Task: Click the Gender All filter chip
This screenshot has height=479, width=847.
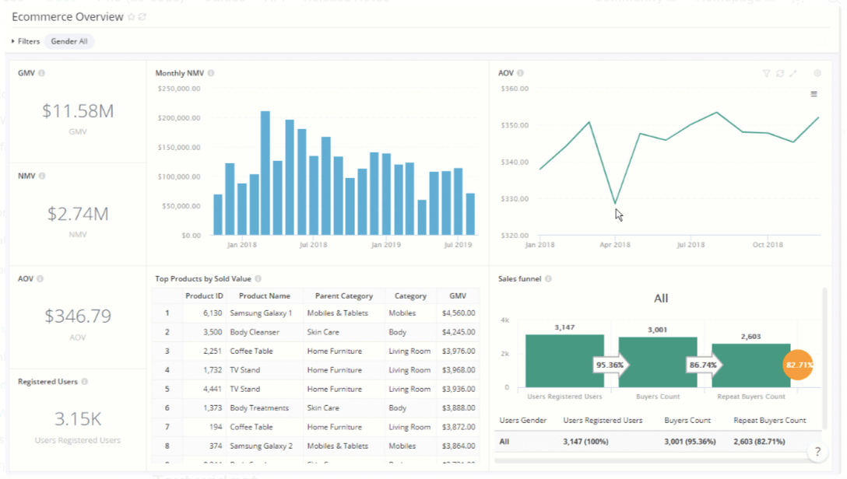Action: (x=69, y=41)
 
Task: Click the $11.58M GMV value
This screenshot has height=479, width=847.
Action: (x=77, y=111)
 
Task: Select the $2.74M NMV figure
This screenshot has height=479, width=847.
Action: (x=77, y=214)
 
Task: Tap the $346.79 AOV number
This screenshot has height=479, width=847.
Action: (x=77, y=316)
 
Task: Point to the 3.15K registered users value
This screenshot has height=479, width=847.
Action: (x=77, y=419)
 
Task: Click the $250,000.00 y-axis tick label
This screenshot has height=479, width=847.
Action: (x=179, y=89)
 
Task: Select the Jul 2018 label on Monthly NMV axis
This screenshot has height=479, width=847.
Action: (x=313, y=245)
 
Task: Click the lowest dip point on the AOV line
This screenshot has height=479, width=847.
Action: (x=616, y=204)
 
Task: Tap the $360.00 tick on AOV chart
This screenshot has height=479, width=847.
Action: (x=514, y=89)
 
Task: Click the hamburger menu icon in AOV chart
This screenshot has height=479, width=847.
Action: (x=814, y=94)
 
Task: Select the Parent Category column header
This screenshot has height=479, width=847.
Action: (x=343, y=295)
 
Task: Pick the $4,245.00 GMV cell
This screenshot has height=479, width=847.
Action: (x=458, y=332)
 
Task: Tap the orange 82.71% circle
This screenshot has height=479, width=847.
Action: (x=797, y=365)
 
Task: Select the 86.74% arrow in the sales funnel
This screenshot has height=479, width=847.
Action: (x=702, y=364)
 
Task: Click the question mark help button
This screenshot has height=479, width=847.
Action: (x=817, y=452)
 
